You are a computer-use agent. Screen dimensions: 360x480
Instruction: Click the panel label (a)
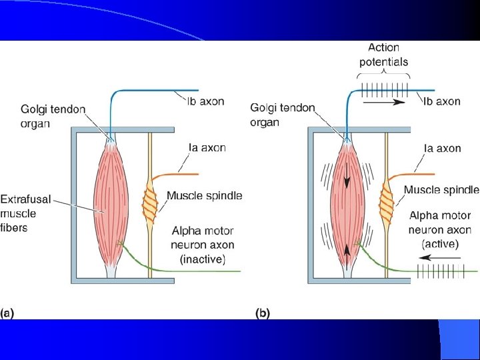pos(8,312)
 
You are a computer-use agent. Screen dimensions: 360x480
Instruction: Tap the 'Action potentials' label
pos(383,55)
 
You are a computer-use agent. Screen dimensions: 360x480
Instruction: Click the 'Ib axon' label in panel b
pos(441,101)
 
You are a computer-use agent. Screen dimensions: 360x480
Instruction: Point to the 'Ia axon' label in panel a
pos(207,148)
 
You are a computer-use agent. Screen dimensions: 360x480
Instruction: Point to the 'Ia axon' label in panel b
pos(443,148)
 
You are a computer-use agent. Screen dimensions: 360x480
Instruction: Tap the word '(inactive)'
pos(203,259)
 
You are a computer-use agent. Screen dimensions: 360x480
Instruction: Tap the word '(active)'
pos(440,244)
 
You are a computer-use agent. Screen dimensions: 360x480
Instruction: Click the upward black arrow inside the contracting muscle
pos(347,251)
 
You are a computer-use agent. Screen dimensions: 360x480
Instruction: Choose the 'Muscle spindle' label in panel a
pos(204,196)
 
